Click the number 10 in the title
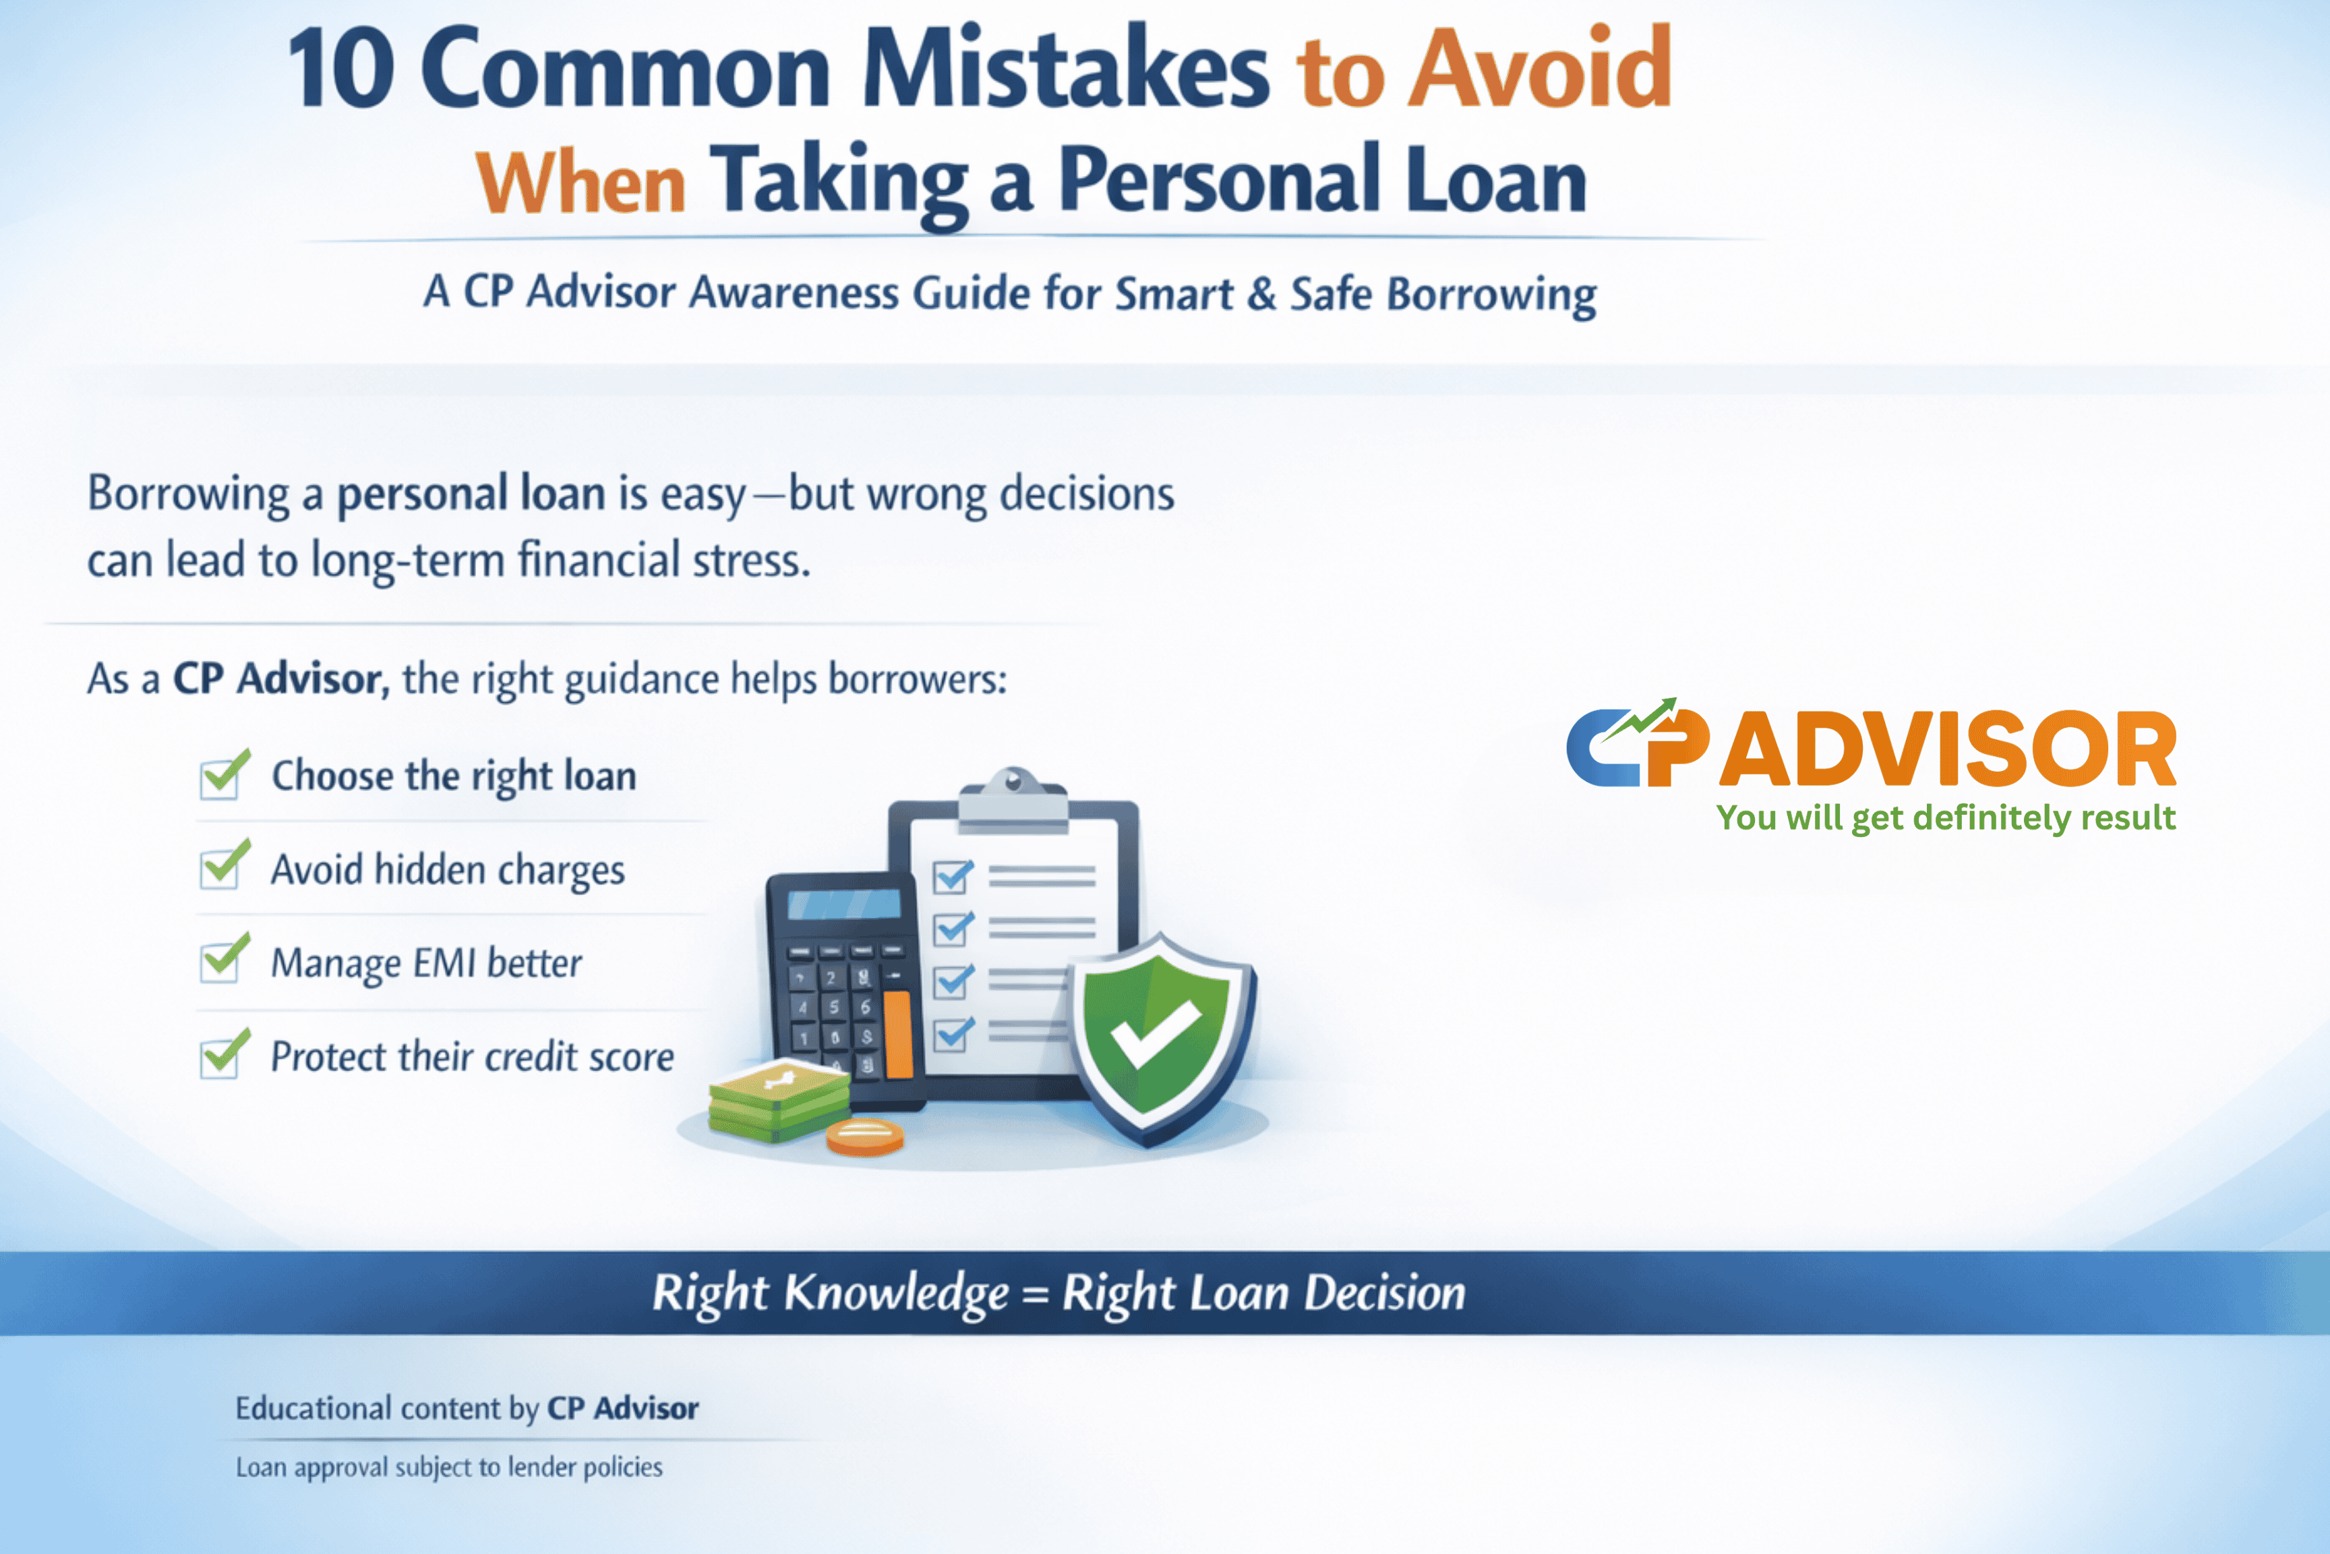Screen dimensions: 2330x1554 click(x=340, y=69)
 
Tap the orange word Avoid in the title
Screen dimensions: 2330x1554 click(x=1541, y=67)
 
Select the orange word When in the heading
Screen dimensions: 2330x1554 click(x=580, y=184)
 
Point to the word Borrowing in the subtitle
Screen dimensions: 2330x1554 click(x=1492, y=295)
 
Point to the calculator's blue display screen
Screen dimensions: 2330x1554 click(x=844, y=903)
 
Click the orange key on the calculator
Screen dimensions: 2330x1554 click(x=897, y=1034)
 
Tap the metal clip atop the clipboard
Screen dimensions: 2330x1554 click(x=1013, y=799)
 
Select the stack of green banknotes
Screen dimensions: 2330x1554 click(x=779, y=1100)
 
